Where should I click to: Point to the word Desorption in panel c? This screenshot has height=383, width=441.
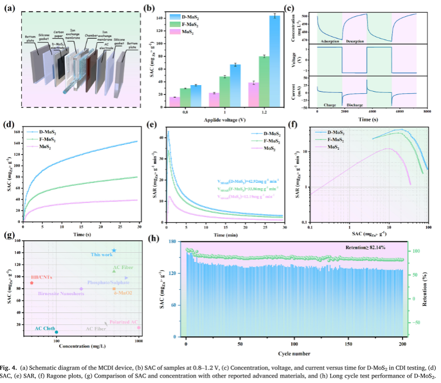[355, 41]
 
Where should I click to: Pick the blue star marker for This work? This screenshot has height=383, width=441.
[114, 251]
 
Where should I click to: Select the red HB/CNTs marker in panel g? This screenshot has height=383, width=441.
[32, 283]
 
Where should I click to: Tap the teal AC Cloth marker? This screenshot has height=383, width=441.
[56, 332]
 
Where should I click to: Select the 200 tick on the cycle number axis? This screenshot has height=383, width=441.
[402, 344]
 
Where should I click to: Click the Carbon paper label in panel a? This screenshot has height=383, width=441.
[58, 35]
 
